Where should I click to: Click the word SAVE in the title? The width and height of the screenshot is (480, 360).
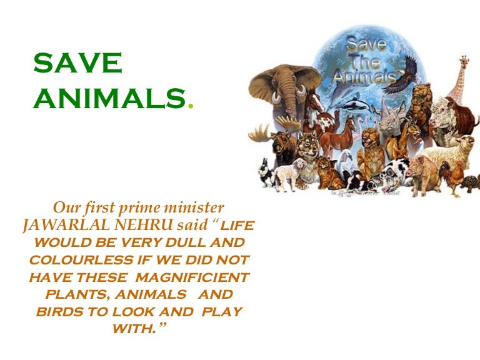click(x=77, y=64)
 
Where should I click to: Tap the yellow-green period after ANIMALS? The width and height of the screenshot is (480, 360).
click(x=191, y=106)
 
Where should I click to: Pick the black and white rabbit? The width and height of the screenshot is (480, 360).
click(x=266, y=174)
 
